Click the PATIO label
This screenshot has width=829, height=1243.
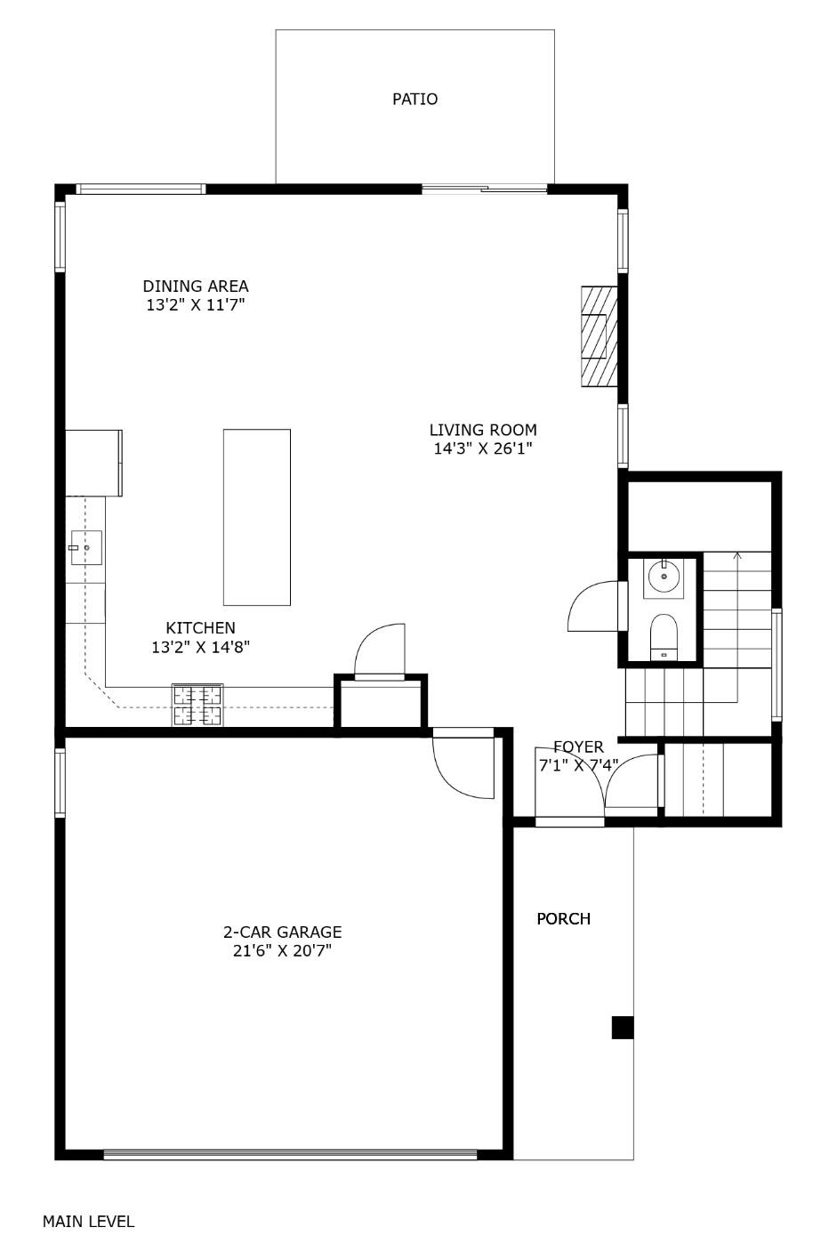pos(414,99)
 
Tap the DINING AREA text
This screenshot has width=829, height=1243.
pos(196,287)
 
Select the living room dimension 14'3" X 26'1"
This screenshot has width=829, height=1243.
pos(483,449)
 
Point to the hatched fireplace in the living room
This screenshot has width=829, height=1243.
pos(599,335)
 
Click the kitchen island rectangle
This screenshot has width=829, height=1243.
pos(256,517)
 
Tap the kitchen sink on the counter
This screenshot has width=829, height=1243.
pos(86,547)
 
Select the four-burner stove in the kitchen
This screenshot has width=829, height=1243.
pos(197,706)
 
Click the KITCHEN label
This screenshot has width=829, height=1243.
pos(200,628)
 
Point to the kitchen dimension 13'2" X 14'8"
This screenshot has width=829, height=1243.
pos(200,648)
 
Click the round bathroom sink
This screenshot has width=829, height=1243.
pos(664,578)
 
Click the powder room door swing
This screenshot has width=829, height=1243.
pos(593,608)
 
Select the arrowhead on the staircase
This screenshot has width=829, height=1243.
pos(736,557)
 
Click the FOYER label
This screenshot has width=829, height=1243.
pos(578,747)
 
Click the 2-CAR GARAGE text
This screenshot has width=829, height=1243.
pos(282,932)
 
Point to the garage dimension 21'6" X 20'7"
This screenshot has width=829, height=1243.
pos(282,951)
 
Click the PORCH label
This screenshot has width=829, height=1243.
pos(563,919)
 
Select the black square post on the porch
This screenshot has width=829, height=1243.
pos(623,1028)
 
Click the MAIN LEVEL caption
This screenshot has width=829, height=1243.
pos(88,1222)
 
